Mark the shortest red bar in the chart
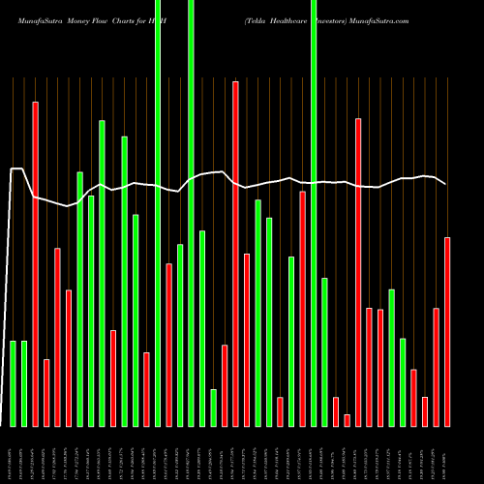[347, 420]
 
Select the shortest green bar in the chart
[214, 408]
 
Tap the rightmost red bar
[447, 331]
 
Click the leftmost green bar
[14, 383]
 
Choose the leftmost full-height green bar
[158, 213]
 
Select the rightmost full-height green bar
[314, 213]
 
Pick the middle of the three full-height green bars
[191, 213]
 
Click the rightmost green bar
[403, 382]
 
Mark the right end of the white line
[445, 184]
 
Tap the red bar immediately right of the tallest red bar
[247, 340]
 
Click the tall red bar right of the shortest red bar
[358, 272]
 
